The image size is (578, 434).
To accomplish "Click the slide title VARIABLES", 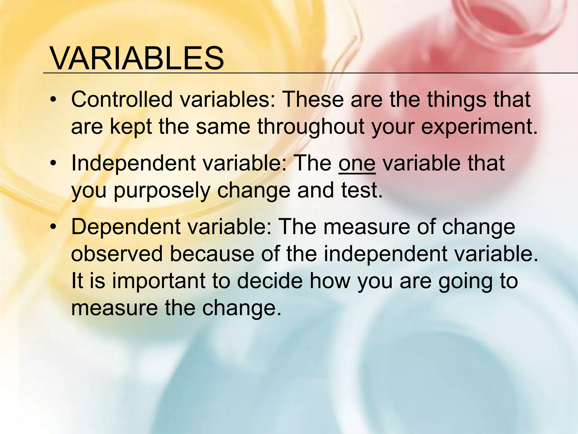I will tap(137, 59).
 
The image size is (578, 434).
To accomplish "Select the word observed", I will tap(117, 253).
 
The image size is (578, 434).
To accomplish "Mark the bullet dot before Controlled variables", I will tap(53, 100).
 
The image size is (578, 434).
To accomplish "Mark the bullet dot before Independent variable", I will tap(53, 164).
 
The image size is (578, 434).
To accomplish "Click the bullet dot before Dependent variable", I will tap(53, 227).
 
